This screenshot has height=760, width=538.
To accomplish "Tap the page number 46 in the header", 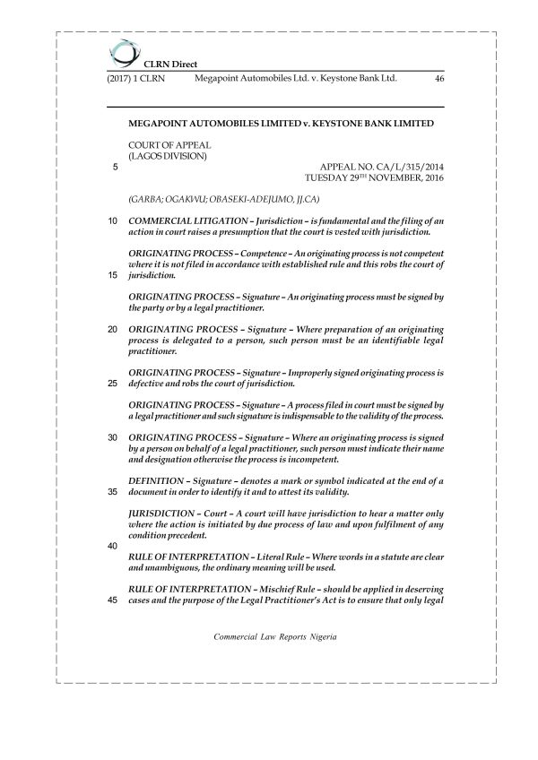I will [438, 79].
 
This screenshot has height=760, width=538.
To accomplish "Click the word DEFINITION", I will [160, 481].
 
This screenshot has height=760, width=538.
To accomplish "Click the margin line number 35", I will [112, 492].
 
